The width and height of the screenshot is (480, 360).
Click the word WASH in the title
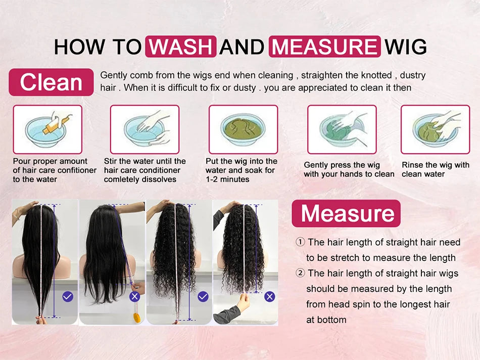tap(180, 47)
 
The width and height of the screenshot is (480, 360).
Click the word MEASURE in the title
tap(324, 47)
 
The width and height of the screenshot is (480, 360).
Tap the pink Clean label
tap(51, 82)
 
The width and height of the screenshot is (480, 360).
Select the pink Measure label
tap(346, 213)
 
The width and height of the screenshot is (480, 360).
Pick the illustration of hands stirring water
tap(145, 129)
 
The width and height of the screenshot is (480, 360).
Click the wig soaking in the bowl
tap(243, 128)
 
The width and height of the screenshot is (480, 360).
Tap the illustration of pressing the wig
tap(342, 129)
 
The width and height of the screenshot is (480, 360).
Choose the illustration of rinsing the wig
tap(435, 129)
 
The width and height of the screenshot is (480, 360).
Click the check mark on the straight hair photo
tap(68, 297)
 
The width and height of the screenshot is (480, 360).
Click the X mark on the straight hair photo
tap(135, 297)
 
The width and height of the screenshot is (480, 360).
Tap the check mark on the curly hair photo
tap(203, 297)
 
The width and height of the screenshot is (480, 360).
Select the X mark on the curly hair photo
tap(269, 297)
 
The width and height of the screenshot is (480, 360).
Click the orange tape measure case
tap(137, 317)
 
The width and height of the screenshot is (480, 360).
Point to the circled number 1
tap(300, 242)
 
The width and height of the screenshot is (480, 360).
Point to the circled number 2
tap(300, 273)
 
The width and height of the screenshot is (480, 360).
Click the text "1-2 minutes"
tap(227, 179)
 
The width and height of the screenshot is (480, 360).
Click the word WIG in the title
tap(406, 47)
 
